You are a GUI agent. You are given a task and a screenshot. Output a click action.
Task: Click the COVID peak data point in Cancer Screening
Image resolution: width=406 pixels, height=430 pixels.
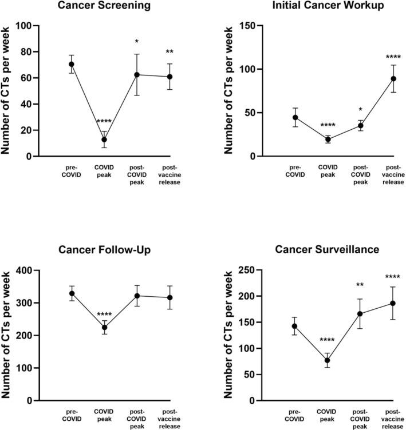point(104,140)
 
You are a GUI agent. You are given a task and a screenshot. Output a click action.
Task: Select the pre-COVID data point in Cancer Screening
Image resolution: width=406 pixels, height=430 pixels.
point(72,64)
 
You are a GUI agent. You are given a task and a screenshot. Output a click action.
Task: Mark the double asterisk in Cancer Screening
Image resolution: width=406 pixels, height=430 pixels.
point(170,53)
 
